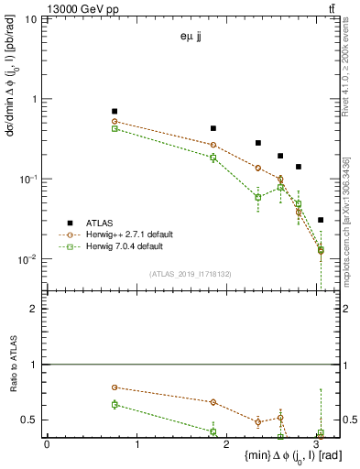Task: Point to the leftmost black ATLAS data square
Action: click(115, 111)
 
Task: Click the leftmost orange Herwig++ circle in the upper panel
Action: click(115, 121)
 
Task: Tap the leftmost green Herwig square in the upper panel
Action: click(115, 128)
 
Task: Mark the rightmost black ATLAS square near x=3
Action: click(320, 220)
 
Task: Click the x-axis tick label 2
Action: click(228, 444)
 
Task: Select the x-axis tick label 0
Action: click(47, 444)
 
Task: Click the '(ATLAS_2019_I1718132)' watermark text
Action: click(193, 273)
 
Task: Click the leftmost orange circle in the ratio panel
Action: click(115, 387)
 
